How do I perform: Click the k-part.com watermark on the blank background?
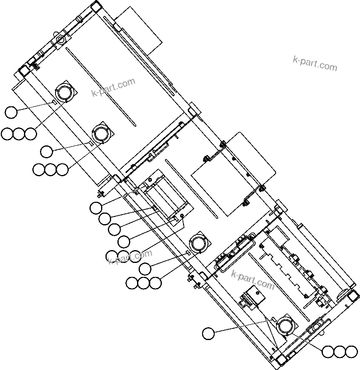click(x=315, y=63)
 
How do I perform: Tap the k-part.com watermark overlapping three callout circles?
click(x=130, y=256)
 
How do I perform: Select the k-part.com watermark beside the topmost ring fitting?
click(x=113, y=88)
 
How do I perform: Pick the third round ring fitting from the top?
click(x=199, y=243)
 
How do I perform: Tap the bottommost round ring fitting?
click(x=286, y=325)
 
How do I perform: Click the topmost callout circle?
click(x=11, y=112)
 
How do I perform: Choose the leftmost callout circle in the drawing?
click(x=7, y=134)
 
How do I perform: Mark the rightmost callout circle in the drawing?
click(x=351, y=352)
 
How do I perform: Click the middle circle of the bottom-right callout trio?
click(x=339, y=352)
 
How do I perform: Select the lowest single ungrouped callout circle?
click(x=208, y=333)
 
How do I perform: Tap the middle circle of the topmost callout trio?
click(x=18, y=134)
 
